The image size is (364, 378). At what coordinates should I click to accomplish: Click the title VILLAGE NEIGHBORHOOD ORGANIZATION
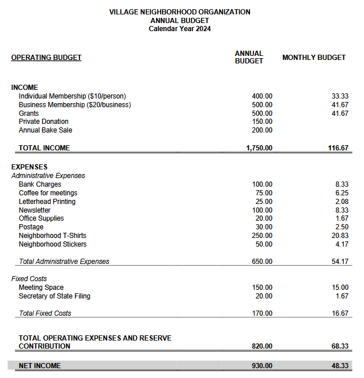180,12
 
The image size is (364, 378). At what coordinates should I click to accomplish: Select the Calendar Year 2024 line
180,29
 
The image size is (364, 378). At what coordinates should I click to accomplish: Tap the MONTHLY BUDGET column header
314,58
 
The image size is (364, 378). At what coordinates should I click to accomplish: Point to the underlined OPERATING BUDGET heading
46,58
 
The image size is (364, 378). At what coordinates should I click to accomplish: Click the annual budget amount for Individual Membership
262,96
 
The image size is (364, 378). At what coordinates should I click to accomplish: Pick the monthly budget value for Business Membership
340,105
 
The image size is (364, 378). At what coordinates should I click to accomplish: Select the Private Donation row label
43,122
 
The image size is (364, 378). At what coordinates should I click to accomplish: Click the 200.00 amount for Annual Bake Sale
262,130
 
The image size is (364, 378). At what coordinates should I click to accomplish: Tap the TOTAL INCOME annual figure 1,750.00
259,148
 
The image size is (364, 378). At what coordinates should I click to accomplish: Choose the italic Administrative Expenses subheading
48,176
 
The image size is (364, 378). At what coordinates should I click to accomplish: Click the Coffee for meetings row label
48,193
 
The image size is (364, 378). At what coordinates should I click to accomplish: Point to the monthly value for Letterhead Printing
342,202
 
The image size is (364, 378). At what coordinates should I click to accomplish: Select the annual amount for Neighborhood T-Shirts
262,236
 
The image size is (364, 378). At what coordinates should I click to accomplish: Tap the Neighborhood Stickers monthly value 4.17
342,244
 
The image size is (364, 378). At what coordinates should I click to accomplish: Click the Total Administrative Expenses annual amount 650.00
262,262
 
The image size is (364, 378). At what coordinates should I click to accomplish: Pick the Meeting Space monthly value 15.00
340,288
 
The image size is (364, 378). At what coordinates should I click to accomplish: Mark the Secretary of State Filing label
54,296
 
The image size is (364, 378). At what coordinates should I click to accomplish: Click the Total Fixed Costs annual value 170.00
262,313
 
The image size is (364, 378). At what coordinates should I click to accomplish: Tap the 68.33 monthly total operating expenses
339,346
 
